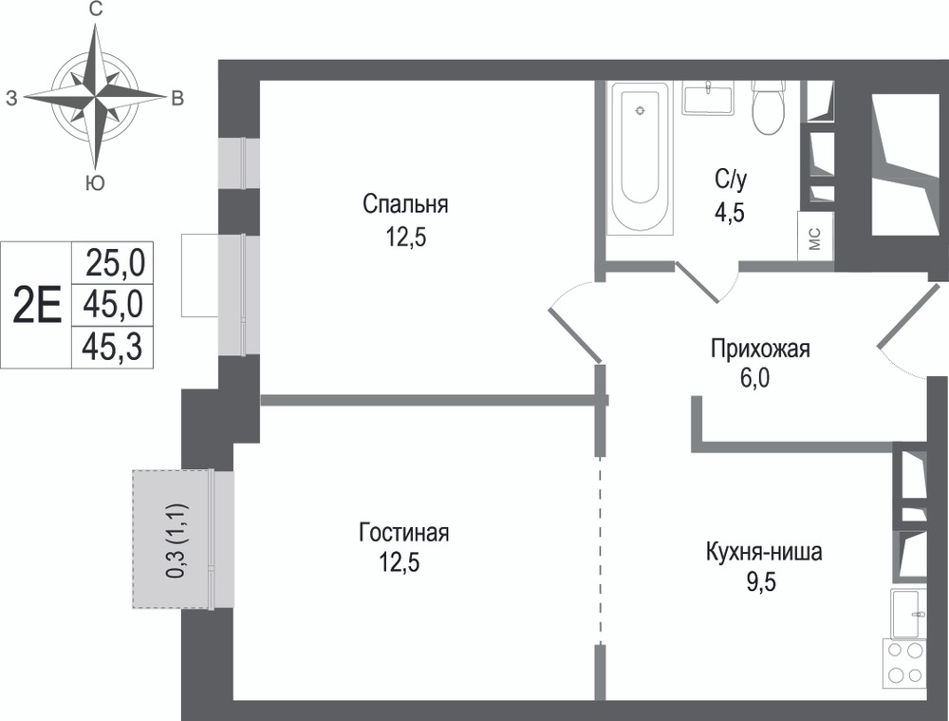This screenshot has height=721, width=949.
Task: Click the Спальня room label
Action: click(x=405, y=205)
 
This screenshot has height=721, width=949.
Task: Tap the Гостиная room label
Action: click(x=403, y=533)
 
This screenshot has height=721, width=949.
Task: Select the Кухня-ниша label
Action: click(x=764, y=552)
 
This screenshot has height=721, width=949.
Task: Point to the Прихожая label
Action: click(x=760, y=349)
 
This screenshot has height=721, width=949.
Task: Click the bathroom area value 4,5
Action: click(x=729, y=214)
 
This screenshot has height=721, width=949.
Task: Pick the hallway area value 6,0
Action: click(x=754, y=378)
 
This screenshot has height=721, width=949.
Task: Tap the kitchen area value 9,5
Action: click(x=761, y=582)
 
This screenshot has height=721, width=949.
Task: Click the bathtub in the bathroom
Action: click(x=640, y=157)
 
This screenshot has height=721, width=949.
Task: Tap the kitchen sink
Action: click(x=908, y=614)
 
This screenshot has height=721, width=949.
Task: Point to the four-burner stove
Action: click(x=904, y=663)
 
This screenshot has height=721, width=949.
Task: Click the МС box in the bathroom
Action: click(x=814, y=237)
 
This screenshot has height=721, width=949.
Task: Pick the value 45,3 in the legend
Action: click(x=113, y=348)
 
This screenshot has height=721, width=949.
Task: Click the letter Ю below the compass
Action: click(x=95, y=182)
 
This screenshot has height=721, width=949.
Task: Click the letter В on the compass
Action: click(x=177, y=98)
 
